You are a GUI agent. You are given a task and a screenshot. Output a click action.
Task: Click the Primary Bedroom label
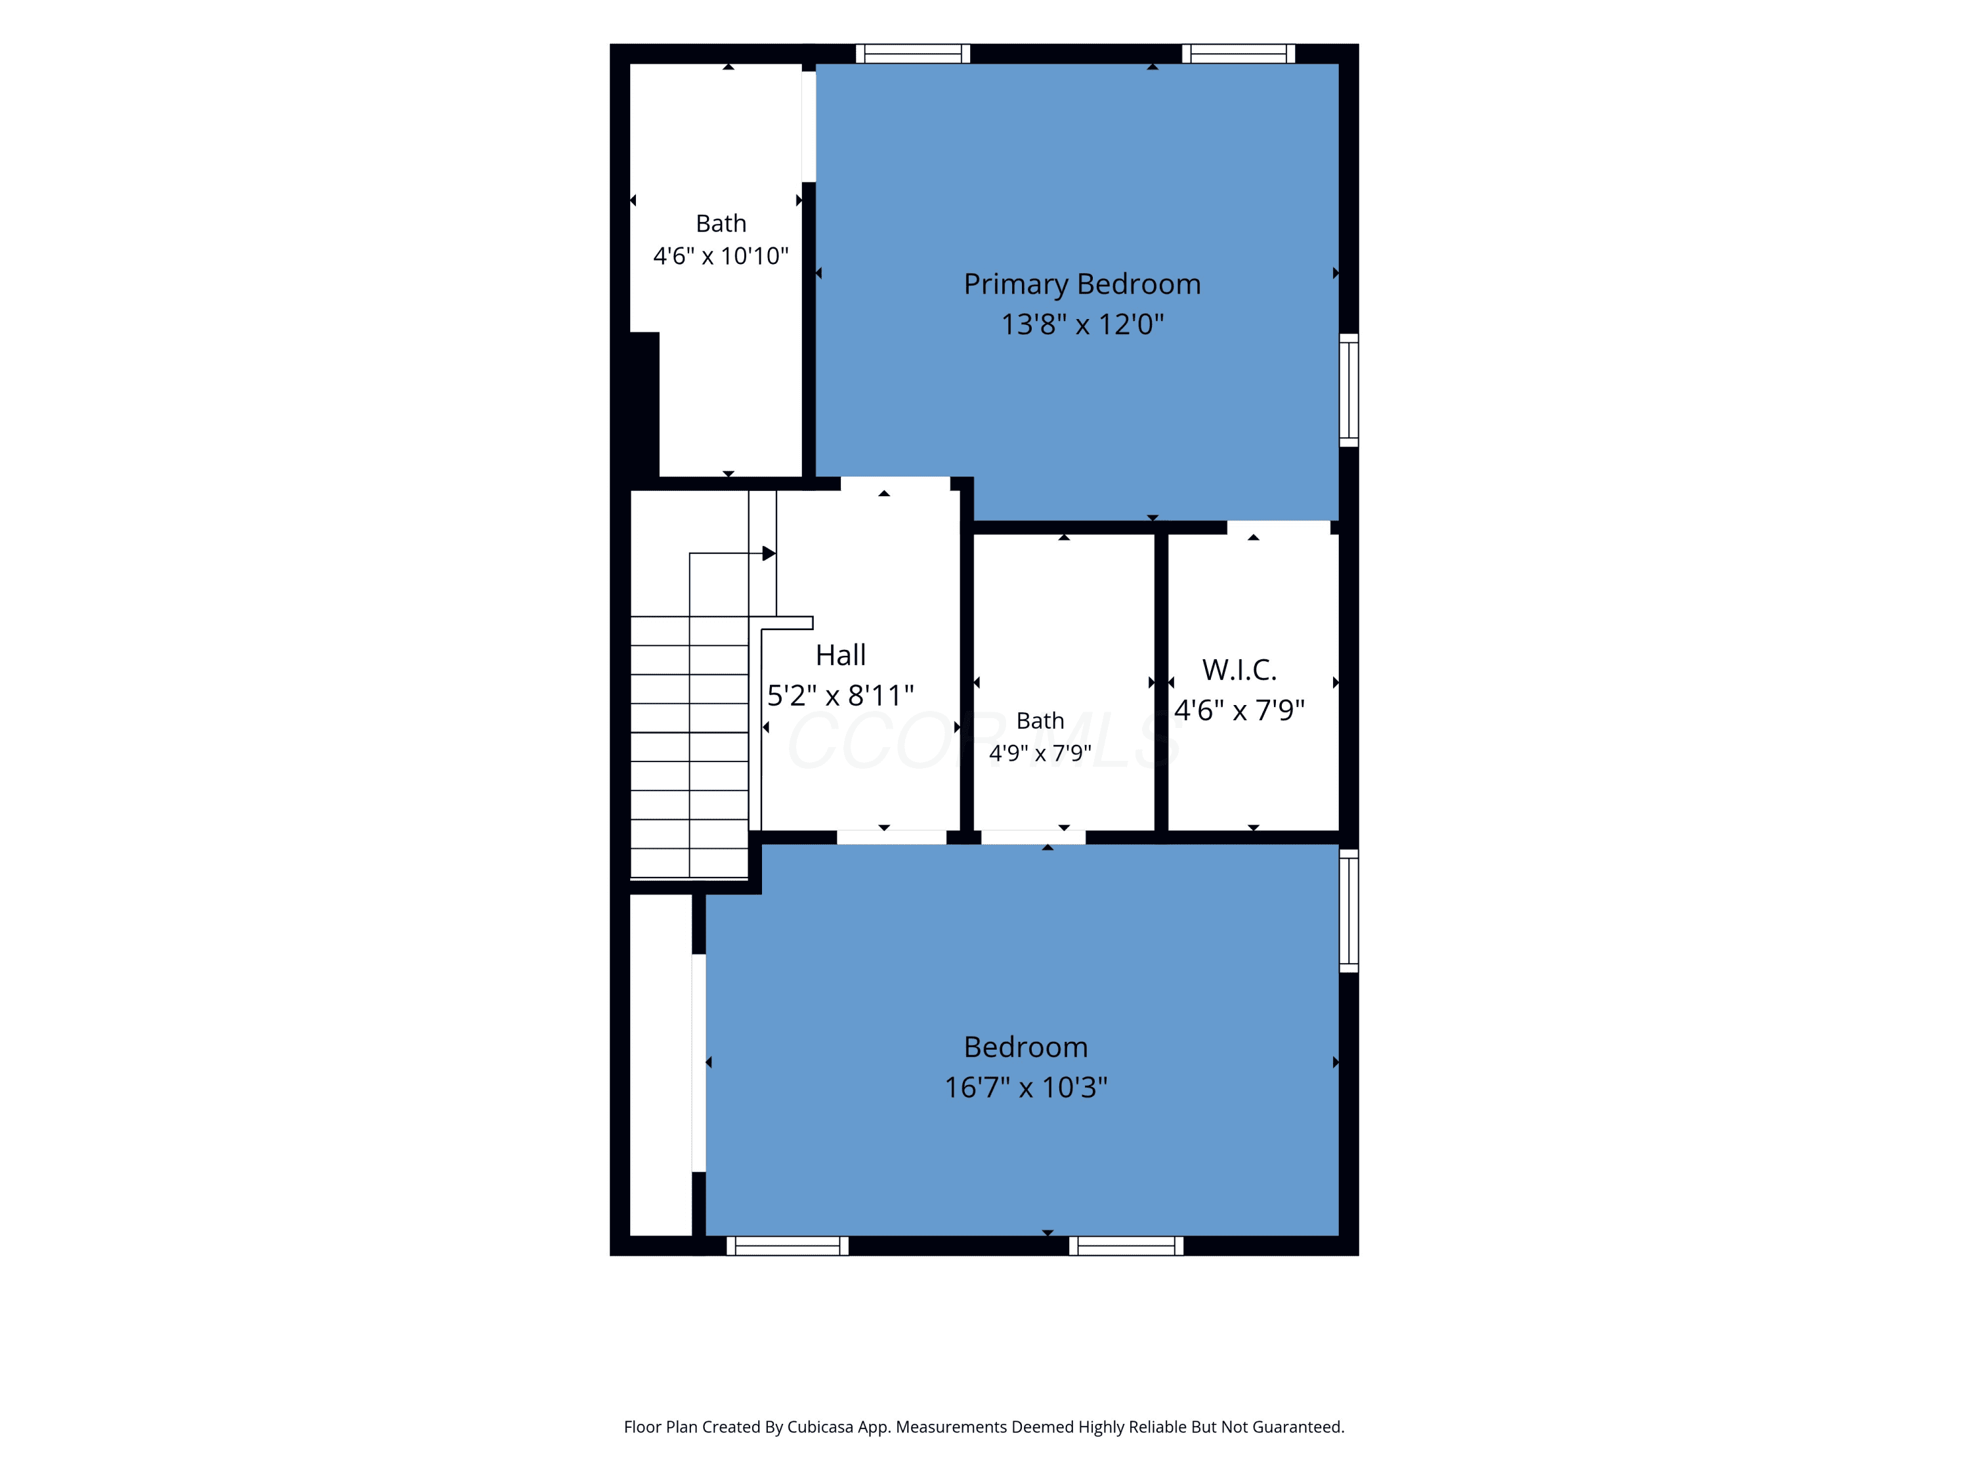pyautogui.click(x=1082, y=284)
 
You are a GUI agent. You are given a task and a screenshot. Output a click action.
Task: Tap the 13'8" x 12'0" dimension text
pyautogui.click(x=1082, y=324)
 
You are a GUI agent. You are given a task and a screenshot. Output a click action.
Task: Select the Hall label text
pyautogui.click(x=840, y=655)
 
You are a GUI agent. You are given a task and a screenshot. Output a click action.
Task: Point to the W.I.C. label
pyautogui.click(x=1239, y=670)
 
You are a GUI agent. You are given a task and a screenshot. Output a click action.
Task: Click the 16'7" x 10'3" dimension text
pyautogui.click(x=1025, y=1087)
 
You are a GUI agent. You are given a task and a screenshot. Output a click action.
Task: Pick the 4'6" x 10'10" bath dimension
pyautogui.click(x=721, y=257)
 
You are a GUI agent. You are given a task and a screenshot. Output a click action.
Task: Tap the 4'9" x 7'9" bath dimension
pyautogui.click(x=1040, y=753)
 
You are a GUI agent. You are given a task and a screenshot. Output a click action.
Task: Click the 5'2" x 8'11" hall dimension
pyautogui.click(x=840, y=695)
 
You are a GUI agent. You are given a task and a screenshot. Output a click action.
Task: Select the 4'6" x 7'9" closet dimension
pyautogui.click(x=1239, y=710)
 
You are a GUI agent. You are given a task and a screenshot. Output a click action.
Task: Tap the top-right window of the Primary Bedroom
pyautogui.click(x=1239, y=53)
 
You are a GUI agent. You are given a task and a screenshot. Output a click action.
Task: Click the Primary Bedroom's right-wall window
pyautogui.click(x=1349, y=390)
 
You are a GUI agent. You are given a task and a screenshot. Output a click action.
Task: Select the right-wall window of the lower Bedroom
pyautogui.click(x=1349, y=910)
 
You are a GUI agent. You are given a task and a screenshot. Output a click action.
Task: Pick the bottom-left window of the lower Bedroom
pyautogui.click(x=788, y=1245)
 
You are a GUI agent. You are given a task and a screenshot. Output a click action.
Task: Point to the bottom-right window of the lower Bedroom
pyautogui.click(x=1126, y=1245)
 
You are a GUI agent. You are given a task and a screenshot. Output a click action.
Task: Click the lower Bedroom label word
pyautogui.click(x=1025, y=1047)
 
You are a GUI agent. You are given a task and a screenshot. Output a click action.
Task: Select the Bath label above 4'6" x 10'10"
pyautogui.click(x=721, y=223)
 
